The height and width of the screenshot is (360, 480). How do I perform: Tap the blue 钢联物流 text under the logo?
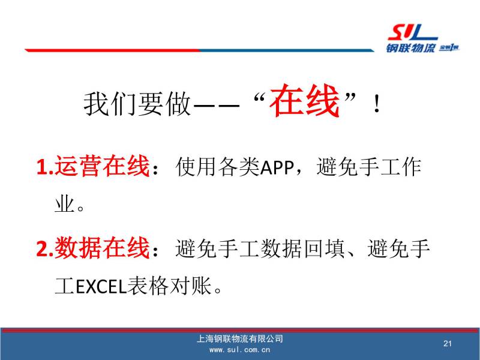coord(410,48)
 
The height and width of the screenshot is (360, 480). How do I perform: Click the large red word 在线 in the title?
coord(305,100)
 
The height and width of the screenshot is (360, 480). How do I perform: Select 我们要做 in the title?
coord(137,104)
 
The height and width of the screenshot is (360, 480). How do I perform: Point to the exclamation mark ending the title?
coord(377,104)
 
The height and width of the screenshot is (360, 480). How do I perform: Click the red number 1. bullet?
coord(45,167)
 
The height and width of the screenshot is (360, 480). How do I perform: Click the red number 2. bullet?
coord(45,249)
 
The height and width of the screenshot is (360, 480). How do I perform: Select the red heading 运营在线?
coord(102,166)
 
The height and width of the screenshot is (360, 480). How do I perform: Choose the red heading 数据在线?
coord(102,248)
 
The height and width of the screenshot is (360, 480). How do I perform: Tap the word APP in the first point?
coord(277,167)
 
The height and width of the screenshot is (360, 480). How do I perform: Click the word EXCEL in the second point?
coord(101,287)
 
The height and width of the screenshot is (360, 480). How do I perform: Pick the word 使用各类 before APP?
coord(218,167)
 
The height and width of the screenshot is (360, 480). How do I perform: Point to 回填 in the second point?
coord(325,248)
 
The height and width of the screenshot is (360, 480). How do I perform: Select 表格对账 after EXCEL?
coord(169,286)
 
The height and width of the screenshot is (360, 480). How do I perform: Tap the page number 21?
coord(448,343)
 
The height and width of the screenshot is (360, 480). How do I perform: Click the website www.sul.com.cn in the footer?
coord(239,350)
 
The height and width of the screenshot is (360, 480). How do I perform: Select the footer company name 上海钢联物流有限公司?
coord(239,338)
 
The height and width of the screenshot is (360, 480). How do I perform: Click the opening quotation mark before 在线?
coord(259,98)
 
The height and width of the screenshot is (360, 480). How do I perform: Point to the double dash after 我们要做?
coord(217,106)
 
